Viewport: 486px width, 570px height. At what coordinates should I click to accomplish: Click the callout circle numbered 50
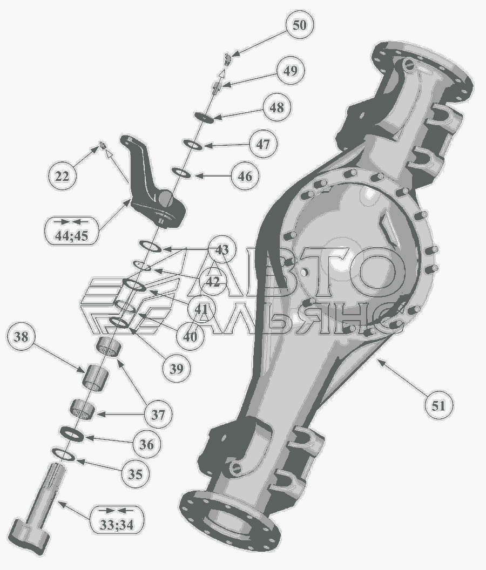click(299, 25)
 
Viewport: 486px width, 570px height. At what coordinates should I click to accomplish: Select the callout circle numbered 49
click(290, 71)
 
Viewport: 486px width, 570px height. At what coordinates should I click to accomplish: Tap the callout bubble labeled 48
click(277, 107)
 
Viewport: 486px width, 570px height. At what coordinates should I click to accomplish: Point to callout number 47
click(263, 144)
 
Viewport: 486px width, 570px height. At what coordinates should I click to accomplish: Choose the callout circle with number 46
click(245, 176)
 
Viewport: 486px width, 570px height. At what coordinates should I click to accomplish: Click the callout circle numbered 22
click(62, 177)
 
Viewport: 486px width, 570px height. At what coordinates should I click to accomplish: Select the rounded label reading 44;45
click(71, 230)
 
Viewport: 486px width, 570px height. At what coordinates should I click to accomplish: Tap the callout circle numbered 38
click(21, 336)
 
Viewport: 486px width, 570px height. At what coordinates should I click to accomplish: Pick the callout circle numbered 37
click(158, 415)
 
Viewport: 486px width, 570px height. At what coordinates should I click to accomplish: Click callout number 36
click(146, 444)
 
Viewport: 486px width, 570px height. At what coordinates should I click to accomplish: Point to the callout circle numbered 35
click(134, 474)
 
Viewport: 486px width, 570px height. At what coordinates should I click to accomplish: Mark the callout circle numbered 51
click(438, 405)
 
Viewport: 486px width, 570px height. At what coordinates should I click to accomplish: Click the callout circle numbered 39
click(177, 368)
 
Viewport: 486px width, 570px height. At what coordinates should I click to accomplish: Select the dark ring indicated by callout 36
click(72, 434)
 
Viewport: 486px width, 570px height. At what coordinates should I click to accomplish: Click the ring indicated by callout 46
click(181, 173)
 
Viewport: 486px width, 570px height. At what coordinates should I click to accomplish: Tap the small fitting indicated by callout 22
click(103, 146)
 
